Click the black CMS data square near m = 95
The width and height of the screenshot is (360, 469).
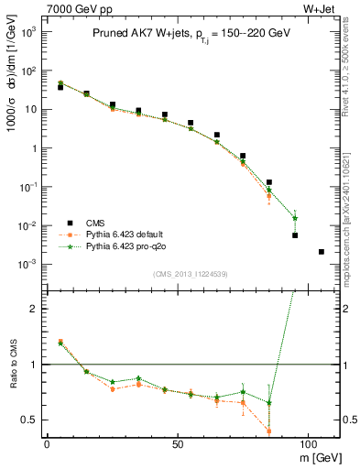pos(295,235)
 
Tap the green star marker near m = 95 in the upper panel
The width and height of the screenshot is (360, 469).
pos(295,218)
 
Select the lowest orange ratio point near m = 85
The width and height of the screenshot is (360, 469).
pos(269,431)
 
